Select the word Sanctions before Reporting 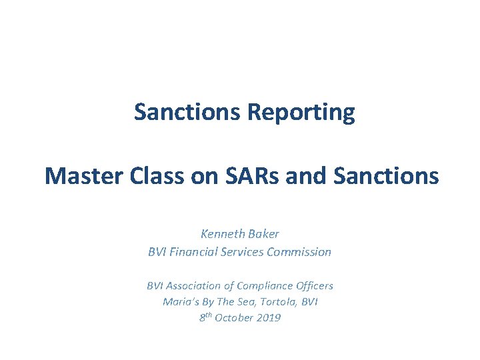[x=189, y=112]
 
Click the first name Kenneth [x=222, y=234]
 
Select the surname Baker [x=263, y=234]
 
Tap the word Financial [x=194, y=252]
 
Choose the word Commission [x=299, y=252]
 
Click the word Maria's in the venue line [x=179, y=301]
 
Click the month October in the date [x=237, y=318]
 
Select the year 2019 [x=269, y=318]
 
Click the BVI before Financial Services [x=157, y=252]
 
